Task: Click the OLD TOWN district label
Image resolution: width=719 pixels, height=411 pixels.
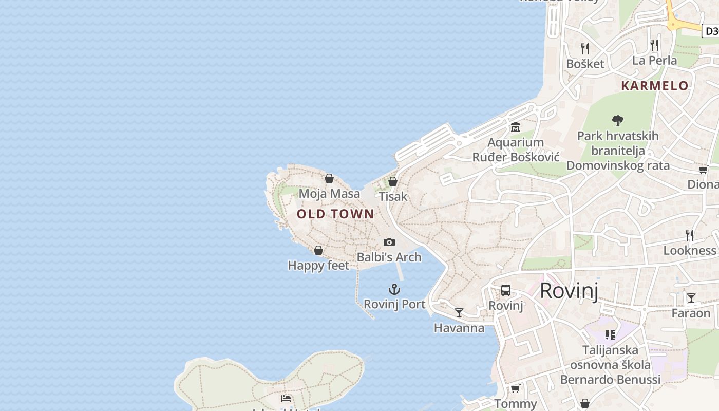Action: point(335,214)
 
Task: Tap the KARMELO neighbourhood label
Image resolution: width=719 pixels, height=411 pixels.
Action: point(655,86)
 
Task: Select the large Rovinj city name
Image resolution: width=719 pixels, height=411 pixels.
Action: point(569,291)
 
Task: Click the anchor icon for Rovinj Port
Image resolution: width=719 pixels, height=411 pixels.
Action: point(394,289)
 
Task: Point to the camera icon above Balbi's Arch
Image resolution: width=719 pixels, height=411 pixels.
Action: point(389,242)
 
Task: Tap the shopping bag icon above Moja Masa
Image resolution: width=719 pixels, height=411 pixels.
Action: point(329,178)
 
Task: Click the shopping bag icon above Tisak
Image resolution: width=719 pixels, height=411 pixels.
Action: point(393,181)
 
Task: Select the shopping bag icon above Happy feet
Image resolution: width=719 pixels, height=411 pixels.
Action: point(318,250)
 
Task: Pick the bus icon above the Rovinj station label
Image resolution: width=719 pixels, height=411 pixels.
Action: point(506,290)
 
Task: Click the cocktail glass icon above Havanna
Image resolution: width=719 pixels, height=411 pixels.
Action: point(459,312)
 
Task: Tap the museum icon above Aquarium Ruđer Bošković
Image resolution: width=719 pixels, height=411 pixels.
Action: point(516,127)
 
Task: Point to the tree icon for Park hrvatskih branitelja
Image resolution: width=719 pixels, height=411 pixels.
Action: point(618,121)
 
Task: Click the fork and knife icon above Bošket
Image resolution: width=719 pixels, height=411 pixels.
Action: point(585,49)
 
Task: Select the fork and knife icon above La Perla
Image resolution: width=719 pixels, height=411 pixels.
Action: point(654,45)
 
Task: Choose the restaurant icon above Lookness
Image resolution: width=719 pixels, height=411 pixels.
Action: point(690,235)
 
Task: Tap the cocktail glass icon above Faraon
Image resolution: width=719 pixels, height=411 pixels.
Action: point(691,297)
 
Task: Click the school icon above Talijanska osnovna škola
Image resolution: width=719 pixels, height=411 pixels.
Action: point(610,335)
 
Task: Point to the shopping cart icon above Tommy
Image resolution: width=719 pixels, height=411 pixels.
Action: point(516,388)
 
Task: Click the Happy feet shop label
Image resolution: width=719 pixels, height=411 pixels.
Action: point(318,266)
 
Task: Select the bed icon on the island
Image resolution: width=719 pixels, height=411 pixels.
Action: point(286,398)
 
